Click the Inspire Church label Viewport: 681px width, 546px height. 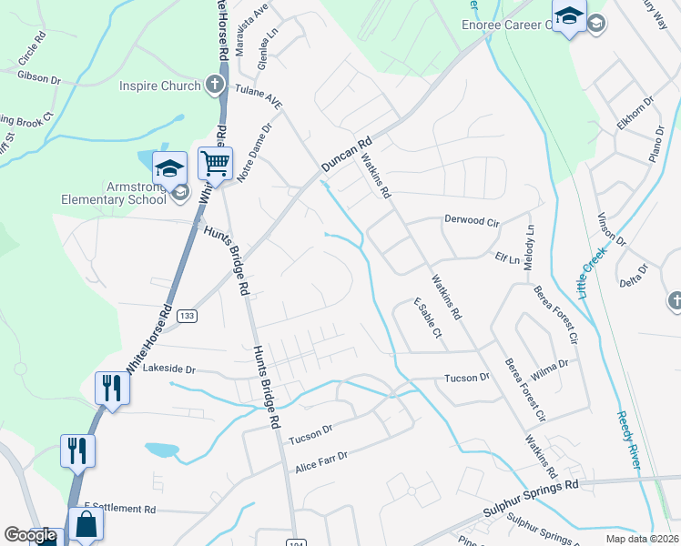click(x=159, y=86)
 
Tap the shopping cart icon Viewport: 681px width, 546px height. click(x=215, y=165)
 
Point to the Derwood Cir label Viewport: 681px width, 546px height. click(x=472, y=219)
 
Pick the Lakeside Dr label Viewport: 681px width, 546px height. click(x=190, y=369)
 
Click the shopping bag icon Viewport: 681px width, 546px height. click(x=86, y=524)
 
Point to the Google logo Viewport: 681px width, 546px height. click(x=30, y=535)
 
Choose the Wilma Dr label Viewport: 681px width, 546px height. click(x=549, y=368)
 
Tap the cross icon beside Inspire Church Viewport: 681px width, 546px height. click(x=214, y=86)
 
